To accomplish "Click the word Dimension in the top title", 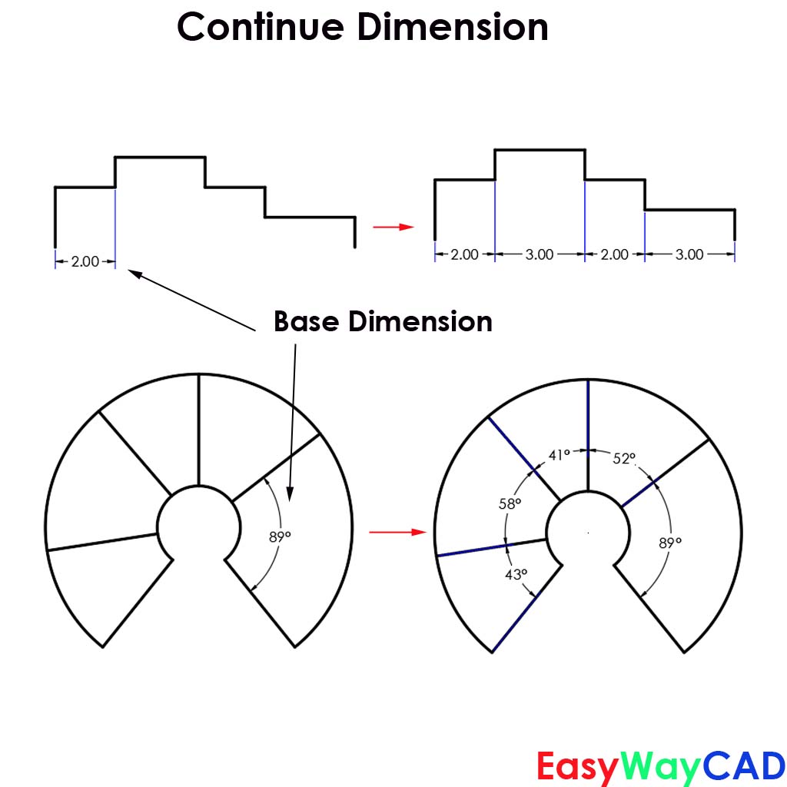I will click(452, 28).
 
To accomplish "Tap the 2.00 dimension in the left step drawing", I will click(85, 261).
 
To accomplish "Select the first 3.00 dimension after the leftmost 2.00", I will click(540, 254).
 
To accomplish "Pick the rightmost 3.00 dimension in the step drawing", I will click(689, 254).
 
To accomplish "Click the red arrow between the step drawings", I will click(393, 227).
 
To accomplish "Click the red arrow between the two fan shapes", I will click(397, 531).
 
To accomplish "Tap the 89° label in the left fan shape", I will click(280, 537).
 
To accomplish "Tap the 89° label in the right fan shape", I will click(670, 543).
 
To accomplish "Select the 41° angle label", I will click(560, 455).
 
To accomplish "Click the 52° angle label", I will click(624, 458).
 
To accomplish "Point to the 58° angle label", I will click(510, 504).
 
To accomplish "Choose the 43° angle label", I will click(516, 573).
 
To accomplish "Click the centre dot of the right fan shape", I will click(588, 532).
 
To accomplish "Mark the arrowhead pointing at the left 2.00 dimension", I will click(131, 271).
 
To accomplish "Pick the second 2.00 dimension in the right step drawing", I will click(614, 254).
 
